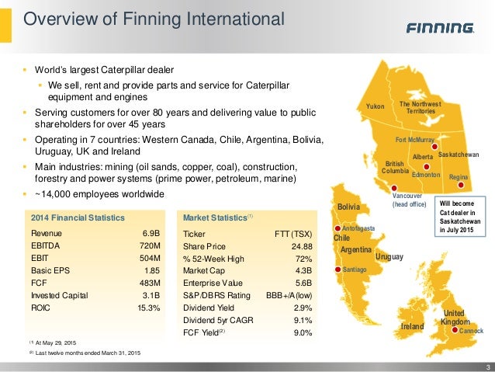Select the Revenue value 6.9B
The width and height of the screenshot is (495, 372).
(151, 233)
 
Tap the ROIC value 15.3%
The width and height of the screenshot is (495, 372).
(147, 308)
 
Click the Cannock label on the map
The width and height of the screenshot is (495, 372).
(471, 332)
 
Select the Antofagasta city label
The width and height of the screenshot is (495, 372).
(358, 228)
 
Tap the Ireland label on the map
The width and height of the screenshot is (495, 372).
(412, 328)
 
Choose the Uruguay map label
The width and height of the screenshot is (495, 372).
(390, 256)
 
